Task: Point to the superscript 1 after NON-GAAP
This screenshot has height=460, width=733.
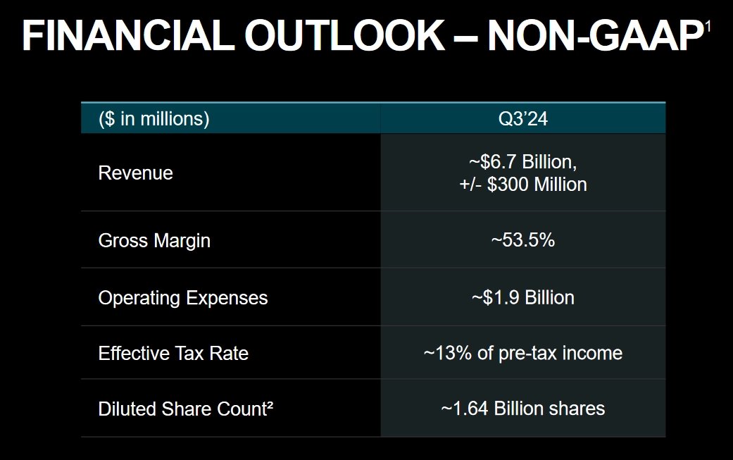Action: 708,27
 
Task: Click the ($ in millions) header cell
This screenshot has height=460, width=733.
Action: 154,118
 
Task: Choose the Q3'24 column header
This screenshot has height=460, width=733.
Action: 522,118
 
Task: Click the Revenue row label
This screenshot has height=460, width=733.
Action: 135,173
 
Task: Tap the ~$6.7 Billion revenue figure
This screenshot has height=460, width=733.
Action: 522,162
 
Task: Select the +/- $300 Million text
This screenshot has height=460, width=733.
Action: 522,185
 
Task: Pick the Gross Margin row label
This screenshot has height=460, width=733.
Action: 154,241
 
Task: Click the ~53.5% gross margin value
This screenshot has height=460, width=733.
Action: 522,240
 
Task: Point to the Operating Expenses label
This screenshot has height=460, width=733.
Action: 183,298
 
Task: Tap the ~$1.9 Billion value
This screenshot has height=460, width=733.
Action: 522,297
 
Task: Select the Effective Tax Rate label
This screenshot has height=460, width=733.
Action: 173,353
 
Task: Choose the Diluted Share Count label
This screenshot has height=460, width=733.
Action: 181,409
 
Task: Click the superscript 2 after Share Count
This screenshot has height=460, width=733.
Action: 269,405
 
